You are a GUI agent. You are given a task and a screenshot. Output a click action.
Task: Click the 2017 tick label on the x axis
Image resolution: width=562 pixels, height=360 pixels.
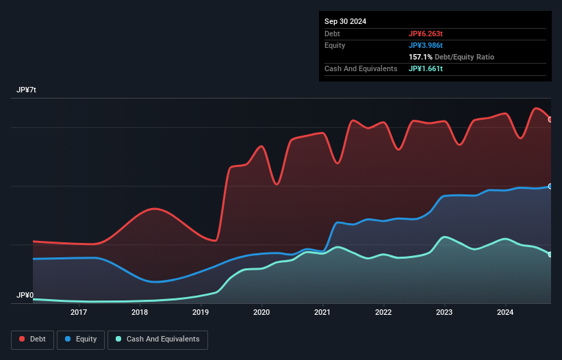point(79,313)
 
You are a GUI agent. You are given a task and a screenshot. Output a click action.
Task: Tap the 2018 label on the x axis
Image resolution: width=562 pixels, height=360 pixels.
point(140,313)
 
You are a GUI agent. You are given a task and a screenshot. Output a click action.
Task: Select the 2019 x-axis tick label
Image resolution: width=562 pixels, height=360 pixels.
point(201,313)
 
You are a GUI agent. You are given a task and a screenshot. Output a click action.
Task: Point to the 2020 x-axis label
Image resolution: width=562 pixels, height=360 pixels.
point(261,313)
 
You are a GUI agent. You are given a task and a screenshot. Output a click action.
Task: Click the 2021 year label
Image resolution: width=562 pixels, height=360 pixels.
point(322,313)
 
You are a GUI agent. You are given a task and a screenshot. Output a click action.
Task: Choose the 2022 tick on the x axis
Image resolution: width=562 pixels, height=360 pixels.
point(384,313)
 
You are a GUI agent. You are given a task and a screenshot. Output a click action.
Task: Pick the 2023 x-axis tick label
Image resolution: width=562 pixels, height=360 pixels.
point(445,313)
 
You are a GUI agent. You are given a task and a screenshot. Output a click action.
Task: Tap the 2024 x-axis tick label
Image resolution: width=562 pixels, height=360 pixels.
point(506,313)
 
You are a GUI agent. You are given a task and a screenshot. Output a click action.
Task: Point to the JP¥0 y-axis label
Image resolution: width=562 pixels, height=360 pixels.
point(25,296)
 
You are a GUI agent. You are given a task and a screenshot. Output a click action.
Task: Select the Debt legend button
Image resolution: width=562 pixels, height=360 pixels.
point(31,339)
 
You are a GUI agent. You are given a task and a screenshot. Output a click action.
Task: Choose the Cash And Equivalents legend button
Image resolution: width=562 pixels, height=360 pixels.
point(157,339)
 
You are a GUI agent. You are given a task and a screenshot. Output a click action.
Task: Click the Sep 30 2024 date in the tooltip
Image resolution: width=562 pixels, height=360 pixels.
point(345,21)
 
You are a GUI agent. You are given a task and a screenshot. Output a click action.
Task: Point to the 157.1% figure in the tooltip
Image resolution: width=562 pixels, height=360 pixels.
point(421,57)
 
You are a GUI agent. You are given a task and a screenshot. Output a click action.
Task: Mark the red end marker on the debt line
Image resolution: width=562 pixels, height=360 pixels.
point(550,119)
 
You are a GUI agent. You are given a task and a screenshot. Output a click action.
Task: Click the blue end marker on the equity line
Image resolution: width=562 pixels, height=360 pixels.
point(550,186)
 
